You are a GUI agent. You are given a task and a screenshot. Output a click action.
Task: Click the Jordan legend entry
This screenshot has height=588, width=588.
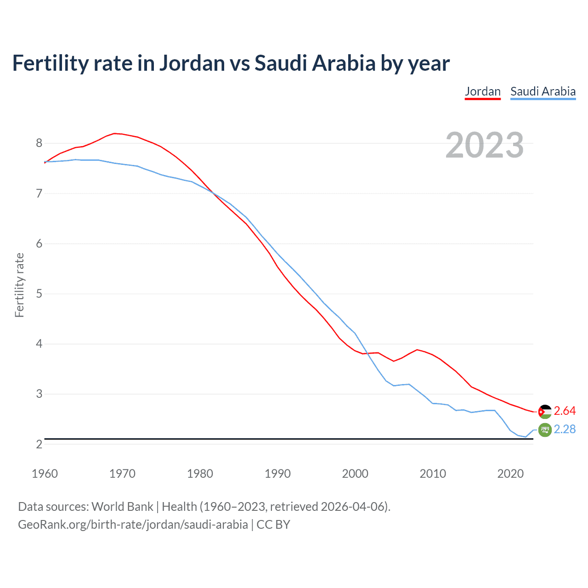coord(482,91)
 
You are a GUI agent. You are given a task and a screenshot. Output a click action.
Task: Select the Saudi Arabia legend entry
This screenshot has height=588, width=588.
coord(543,91)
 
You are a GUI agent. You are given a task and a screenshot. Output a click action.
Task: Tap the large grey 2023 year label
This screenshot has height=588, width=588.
coord(484,145)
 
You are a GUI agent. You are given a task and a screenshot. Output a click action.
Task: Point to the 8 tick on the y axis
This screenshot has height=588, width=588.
coord(39,143)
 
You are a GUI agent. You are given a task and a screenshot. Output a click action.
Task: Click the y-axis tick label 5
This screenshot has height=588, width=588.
coord(39,294)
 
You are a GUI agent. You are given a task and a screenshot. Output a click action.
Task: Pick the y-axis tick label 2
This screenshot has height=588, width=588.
coord(39,444)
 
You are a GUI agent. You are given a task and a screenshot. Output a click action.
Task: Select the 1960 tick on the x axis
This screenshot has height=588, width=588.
coord(45,474)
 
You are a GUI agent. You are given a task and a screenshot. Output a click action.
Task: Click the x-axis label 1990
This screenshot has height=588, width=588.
coord(277,474)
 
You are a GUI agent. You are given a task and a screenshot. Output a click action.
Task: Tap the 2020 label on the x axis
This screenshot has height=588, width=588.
coord(510,474)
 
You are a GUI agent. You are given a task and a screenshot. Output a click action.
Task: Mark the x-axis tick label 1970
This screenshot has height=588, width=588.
coord(122,474)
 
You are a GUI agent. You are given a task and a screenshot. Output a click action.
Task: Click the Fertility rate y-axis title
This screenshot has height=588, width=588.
coord(19,285)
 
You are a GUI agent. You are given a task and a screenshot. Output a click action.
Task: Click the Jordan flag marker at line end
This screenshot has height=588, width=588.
coord(544,412)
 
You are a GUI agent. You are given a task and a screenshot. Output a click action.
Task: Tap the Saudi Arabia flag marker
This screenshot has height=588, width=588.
coord(544,430)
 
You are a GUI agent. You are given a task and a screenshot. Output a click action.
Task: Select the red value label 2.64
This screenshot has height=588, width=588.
coord(565,411)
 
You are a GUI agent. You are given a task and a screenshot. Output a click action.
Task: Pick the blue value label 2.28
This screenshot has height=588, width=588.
coord(565,429)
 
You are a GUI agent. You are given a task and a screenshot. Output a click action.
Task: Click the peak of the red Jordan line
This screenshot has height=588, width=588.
coord(115,133)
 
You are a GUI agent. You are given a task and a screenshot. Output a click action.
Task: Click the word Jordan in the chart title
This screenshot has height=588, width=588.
coord(192,63)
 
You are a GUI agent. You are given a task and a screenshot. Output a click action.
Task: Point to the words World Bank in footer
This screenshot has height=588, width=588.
coord(122,507)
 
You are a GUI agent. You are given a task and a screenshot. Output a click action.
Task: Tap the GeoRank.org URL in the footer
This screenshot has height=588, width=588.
coord(133,525)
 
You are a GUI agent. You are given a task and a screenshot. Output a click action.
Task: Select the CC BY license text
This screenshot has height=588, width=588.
coord(273,525)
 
